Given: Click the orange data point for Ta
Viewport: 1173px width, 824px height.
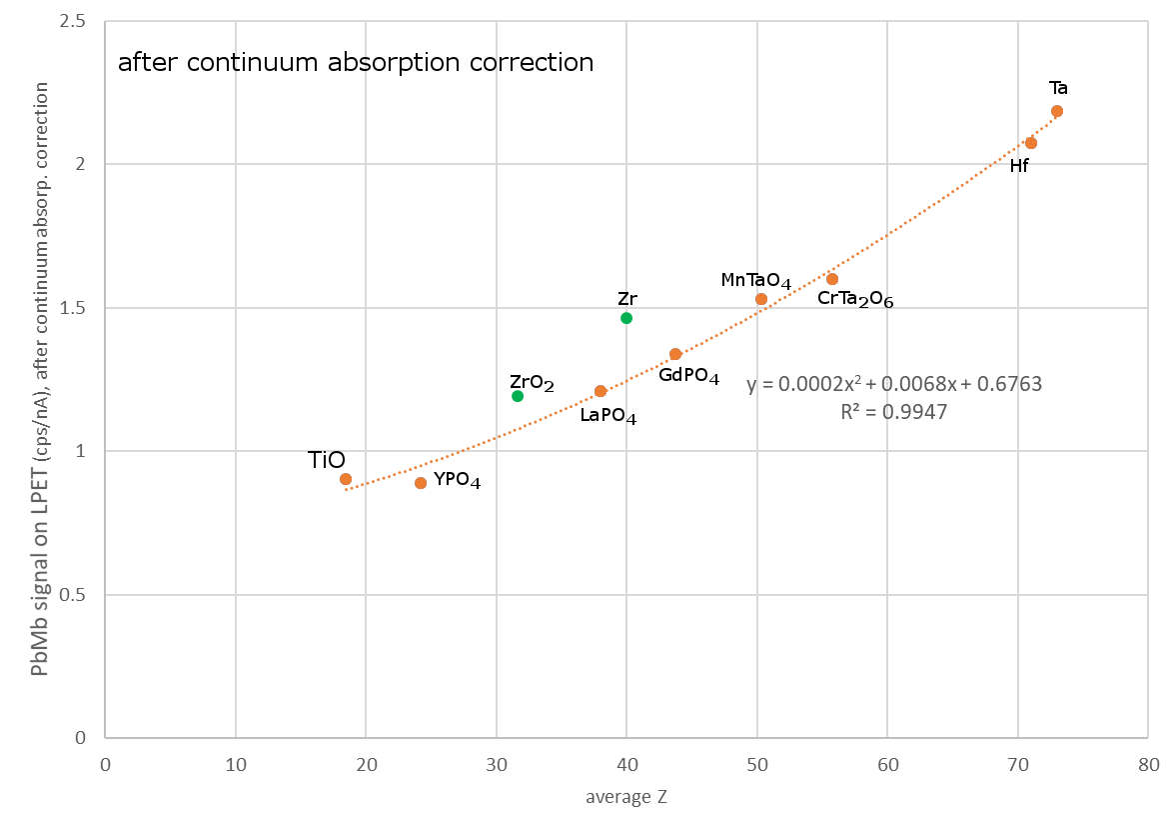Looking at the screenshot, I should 1057,111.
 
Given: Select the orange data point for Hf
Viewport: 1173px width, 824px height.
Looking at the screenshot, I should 1031,143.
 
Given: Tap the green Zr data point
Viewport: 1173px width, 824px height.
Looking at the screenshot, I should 626,318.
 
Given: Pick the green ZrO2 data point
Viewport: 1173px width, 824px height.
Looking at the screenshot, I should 518,396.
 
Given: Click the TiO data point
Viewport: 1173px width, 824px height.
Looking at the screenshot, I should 346,479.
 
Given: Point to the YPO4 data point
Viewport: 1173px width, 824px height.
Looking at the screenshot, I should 421,483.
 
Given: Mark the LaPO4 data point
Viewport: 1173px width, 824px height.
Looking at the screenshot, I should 600,391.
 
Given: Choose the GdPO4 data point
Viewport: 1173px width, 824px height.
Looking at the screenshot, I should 675,354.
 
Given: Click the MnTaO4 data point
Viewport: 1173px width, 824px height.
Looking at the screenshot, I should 761,299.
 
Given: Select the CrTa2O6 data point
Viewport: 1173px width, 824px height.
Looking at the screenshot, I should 832,279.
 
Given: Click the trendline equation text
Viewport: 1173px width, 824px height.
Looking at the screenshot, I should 894,385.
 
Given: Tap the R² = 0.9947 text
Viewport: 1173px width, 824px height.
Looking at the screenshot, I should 894,410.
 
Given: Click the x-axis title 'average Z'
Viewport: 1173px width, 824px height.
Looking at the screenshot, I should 626,797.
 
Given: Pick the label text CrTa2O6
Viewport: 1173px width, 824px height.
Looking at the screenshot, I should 855,299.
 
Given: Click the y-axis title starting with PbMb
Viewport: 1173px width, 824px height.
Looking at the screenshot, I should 40,380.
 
